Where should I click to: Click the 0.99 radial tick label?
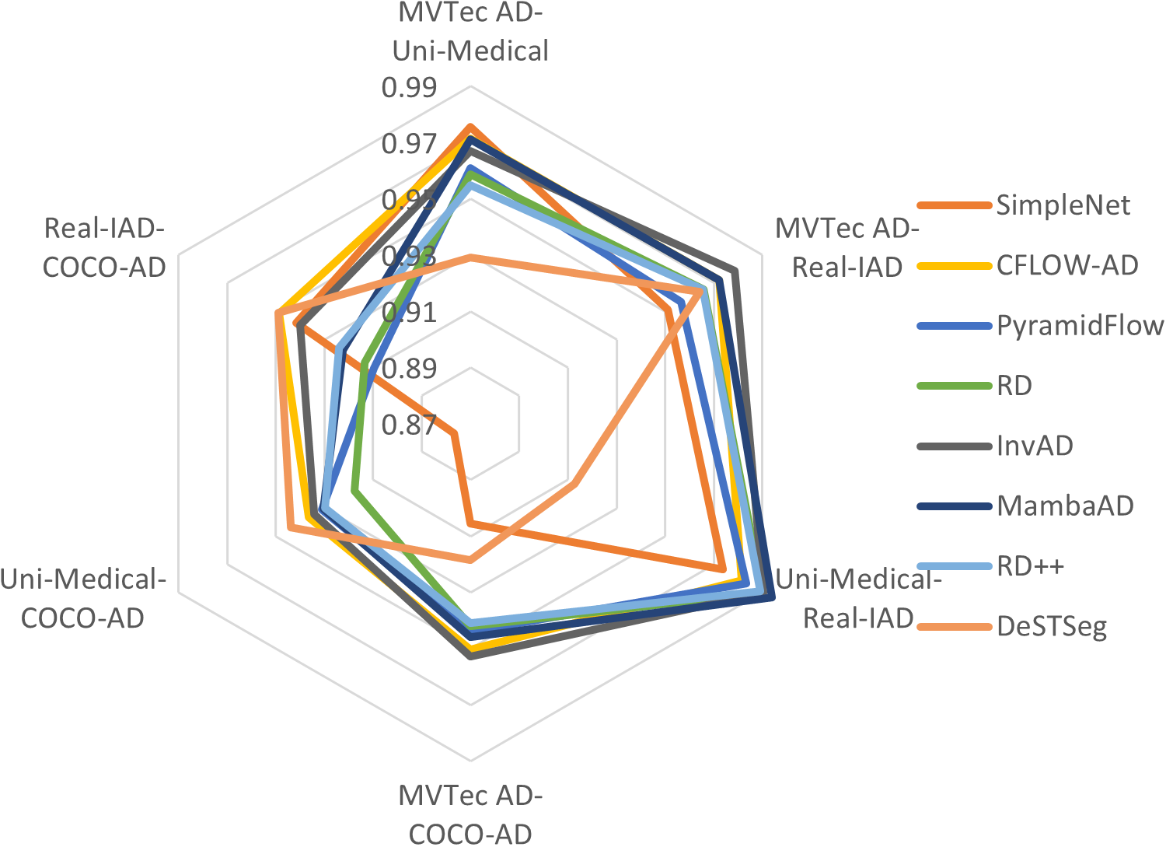409,88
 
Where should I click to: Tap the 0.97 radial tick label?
409,144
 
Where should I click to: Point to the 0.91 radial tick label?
409,313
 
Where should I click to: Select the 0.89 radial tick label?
409,369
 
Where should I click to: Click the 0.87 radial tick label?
409,425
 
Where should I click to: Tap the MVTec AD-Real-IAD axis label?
847,247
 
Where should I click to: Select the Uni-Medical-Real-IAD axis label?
858,598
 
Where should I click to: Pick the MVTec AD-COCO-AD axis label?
470,814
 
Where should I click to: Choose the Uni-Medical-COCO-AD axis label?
82,598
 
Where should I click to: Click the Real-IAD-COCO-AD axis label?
104,247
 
